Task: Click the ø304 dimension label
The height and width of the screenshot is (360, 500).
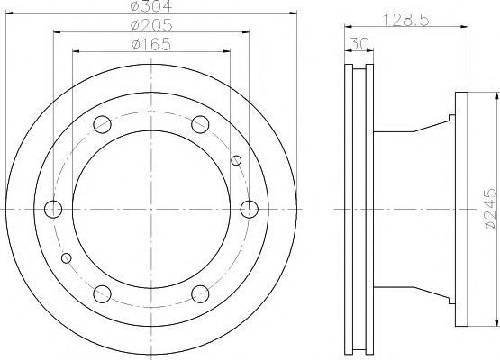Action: pos(151,6)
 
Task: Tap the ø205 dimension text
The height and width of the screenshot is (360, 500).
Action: pos(151,25)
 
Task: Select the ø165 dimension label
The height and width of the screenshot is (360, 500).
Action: pos(151,44)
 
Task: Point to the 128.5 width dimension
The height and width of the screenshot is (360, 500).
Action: pos(406,20)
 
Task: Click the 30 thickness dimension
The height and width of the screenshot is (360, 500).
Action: pos(359,43)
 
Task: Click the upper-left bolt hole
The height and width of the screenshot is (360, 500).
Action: pos(102,124)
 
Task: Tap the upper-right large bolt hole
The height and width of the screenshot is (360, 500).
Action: pos(200,124)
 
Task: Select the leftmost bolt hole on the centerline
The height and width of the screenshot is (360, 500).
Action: pos(53,210)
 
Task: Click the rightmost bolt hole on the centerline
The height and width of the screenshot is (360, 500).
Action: pos(249,210)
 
